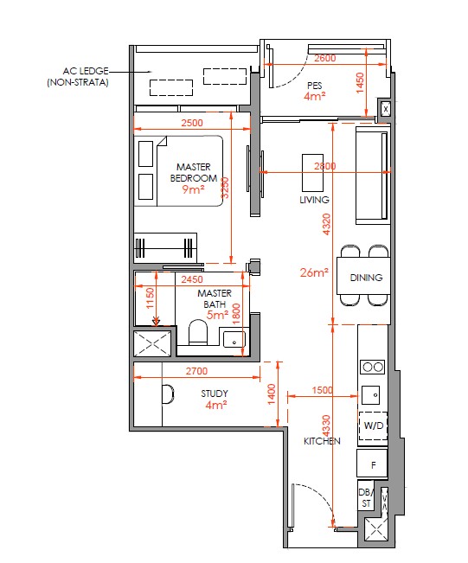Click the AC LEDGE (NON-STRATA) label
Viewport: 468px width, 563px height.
pyautogui.click(x=78, y=76)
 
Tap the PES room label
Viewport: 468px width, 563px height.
pyautogui.click(x=315, y=86)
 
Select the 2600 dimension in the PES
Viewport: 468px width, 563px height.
pyautogui.click(x=325, y=58)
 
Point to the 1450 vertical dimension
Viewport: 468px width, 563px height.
pyautogui.click(x=360, y=83)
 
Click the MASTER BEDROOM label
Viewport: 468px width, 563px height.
pyautogui.click(x=194, y=172)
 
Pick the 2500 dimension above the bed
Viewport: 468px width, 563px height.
pyautogui.click(x=192, y=123)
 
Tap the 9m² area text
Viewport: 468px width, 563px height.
pyautogui.click(x=193, y=189)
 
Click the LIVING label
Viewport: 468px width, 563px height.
pyautogui.click(x=314, y=200)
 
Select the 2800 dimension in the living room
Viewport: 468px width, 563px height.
pyautogui.click(x=325, y=166)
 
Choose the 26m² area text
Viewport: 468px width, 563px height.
pyautogui.click(x=314, y=272)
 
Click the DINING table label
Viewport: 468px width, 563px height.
pyautogui.click(x=366, y=278)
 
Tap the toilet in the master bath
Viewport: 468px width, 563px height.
pyautogui.click(x=198, y=332)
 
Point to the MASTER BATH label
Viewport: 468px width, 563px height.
pyautogui.click(x=215, y=298)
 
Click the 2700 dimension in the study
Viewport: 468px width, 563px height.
pyautogui.click(x=196, y=371)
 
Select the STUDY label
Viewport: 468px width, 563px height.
pyautogui.click(x=215, y=393)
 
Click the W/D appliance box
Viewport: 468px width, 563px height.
pyautogui.click(x=373, y=425)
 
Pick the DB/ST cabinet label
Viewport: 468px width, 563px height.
pyautogui.click(x=366, y=497)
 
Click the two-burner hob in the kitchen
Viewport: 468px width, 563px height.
pyautogui.click(x=373, y=367)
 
